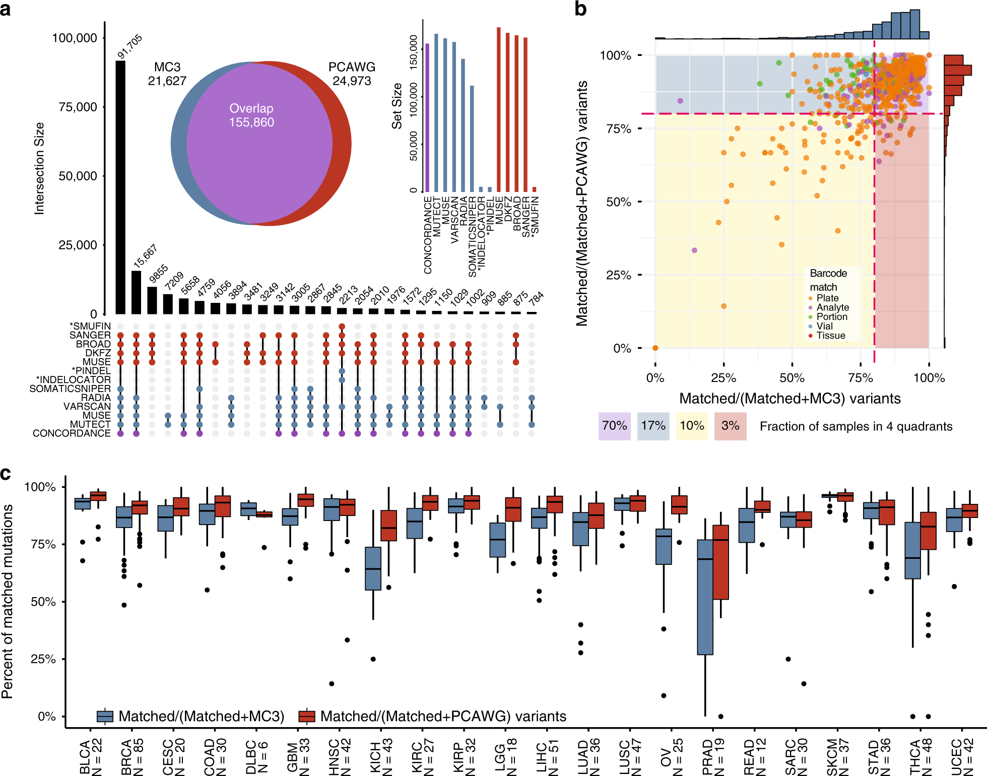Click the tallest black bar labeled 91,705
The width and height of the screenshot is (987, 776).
tap(120, 186)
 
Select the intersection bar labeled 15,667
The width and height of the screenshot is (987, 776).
tap(136, 292)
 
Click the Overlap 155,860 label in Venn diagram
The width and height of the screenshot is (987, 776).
tap(251, 115)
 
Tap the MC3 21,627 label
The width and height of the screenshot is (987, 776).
tap(167, 74)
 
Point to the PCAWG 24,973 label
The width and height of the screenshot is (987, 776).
tap(352, 74)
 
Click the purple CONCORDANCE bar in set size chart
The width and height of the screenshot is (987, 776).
tap(427, 118)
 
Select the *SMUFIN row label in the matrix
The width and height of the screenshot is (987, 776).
tap(90, 326)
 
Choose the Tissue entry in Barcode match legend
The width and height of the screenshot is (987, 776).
tap(830, 336)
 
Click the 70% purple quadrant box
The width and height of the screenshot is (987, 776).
tap(614, 426)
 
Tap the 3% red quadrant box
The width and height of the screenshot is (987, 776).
tap(730, 426)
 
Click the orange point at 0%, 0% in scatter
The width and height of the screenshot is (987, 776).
tap(655, 348)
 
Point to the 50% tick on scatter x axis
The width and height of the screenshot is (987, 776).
tap(792, 378)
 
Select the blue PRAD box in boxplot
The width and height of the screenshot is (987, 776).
tap(705, 597)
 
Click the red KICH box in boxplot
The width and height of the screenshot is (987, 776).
tap(388, 526)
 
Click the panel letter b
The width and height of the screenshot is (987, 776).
tap(580, 9)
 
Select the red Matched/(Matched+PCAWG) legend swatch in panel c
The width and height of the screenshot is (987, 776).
tap(307, 716)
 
